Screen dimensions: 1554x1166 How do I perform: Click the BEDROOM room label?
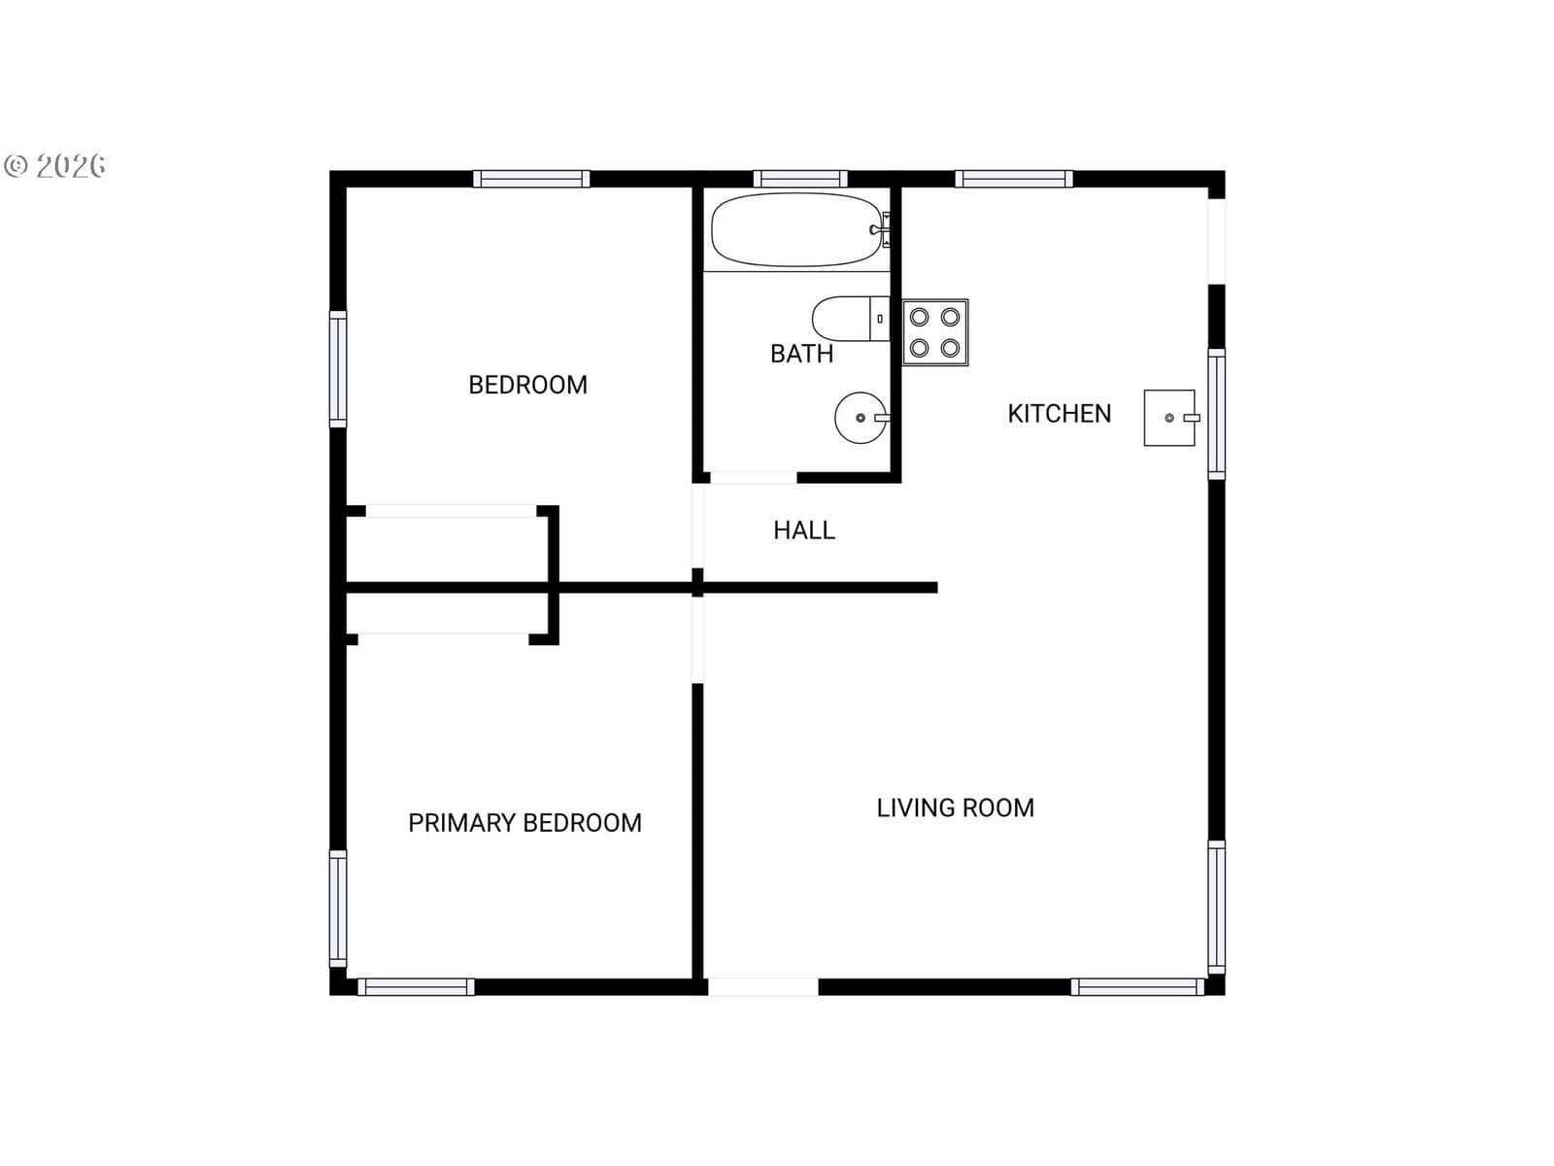527,385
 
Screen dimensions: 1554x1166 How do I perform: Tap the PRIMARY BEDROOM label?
524,823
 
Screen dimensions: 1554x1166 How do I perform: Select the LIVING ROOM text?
955,807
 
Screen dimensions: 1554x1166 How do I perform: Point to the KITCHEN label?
1059,414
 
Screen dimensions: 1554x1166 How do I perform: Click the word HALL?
804,531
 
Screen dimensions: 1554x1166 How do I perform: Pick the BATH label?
801,354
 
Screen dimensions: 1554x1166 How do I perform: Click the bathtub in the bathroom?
797,230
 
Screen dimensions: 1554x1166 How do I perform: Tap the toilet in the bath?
850,319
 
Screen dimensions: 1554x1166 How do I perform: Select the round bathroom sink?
861,418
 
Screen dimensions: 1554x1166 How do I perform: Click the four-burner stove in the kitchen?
935,332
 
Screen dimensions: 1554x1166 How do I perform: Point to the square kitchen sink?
1171,418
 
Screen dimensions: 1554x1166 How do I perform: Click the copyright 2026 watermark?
54,165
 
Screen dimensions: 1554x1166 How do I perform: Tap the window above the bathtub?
800,179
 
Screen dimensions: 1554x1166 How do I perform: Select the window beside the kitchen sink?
1216,414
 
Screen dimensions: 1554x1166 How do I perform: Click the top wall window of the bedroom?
531,179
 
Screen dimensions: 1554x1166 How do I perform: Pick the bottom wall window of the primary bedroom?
416,987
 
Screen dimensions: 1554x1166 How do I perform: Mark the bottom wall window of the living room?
1137,987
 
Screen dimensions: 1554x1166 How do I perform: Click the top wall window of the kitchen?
1014,179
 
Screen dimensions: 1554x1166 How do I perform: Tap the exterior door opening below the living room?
763,987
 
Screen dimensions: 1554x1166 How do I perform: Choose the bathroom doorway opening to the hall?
754,478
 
